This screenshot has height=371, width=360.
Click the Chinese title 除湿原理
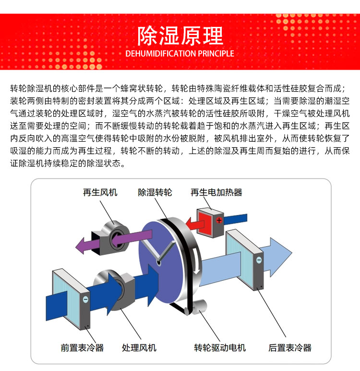click(180, 36)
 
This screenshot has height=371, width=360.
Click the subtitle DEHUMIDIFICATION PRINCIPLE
click(180, 53)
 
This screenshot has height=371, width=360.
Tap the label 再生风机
click(100, 192)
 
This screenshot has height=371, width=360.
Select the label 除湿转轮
click(155, 192)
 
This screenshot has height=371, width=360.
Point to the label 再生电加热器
click(216, 192)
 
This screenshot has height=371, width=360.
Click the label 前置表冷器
click(82, 348)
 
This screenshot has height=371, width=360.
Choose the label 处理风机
click(139, 348)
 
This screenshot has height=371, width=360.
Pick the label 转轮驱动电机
click(220, 348)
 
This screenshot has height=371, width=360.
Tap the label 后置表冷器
click(290, 348)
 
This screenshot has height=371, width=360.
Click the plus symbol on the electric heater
click(219, 220)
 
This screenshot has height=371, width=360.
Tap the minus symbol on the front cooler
click(85, 299)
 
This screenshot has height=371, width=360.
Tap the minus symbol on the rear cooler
click(259, 260)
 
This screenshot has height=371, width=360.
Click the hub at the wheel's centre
click(158, 262)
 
